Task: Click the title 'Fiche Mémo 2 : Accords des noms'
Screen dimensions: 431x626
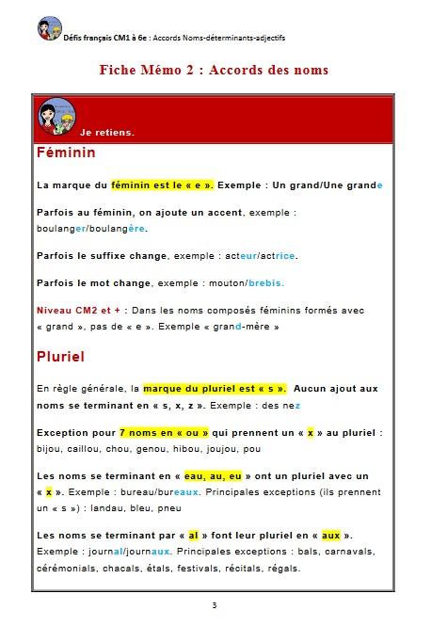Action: point(215,70)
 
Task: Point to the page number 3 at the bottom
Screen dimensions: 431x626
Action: point(215,604)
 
